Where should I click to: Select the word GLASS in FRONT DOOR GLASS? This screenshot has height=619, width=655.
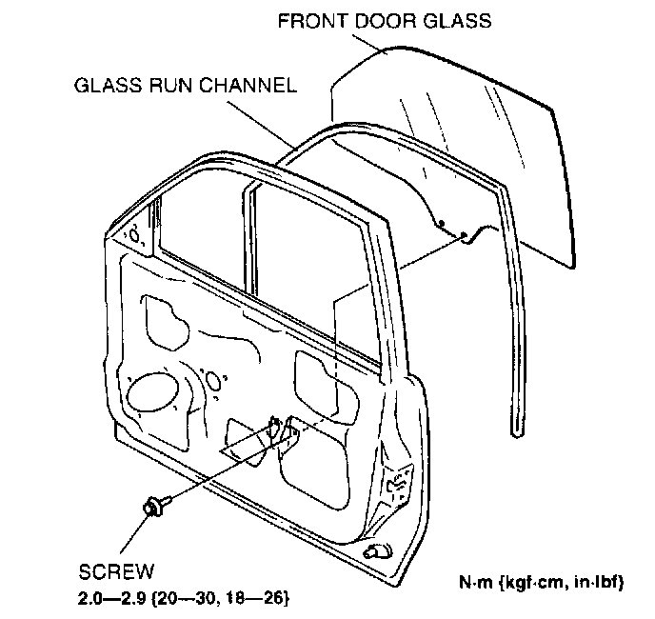pyautogui.click(x=461, y=20)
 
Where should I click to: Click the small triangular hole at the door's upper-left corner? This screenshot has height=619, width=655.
pyautogui.click(x=135, y=233)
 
